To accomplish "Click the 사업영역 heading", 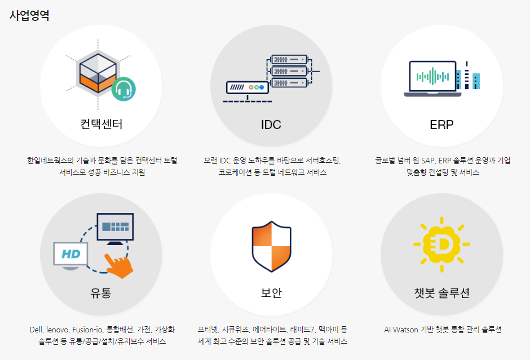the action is [x=29, y=15].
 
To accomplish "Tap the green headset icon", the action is [x=123, y=89].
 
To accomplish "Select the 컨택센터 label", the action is [x=101, y=124].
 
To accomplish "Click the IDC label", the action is [x=271, y=125].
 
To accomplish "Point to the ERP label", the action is [x=441, y=125].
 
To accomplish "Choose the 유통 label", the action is [x=101, y=292].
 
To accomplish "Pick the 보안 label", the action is [x=271, y=292].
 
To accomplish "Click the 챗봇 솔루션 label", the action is [x=442, y=292].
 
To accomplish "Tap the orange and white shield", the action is [x=271, y=247].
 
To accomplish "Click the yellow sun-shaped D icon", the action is [x=441, y=244].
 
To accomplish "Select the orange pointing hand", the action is [x=118, y=266].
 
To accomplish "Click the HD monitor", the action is [x=70, y=256].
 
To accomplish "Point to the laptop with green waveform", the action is [x=432, y=79].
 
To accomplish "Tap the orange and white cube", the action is [x=98, y=73].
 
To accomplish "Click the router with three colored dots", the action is [x=248, y=87].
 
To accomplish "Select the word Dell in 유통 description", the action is [x=36, y=330].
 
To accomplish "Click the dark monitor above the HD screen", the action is [x=115, y=229].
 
